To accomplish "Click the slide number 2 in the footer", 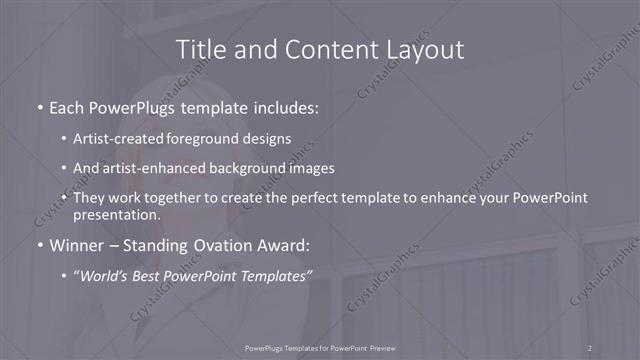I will click(x=590, y=347).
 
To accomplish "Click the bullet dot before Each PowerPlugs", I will click(x=39, y=105).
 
